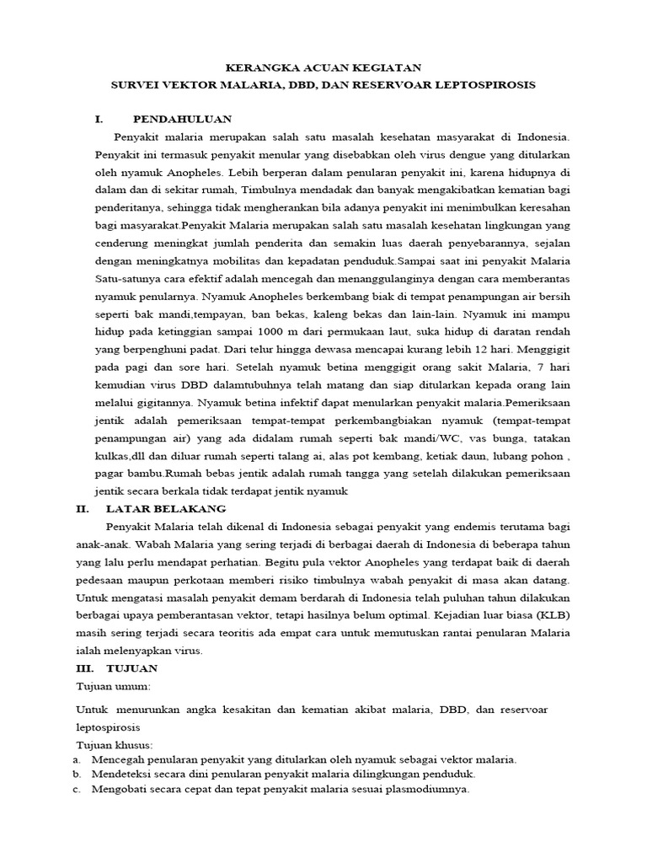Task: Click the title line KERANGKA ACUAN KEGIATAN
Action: pyautogui.click(x=323, y=67)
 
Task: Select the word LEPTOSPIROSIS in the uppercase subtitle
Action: pyautogui.click(x=488, y=85)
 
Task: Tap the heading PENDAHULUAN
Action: pyautogui.click(x=182, y=119)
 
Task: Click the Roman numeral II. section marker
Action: pyautogui.click(x=83, y=509)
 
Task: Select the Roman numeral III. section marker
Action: pyautogui.click(x=84, y=668)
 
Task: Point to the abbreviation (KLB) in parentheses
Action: pyautogui.click(x=549, y=615)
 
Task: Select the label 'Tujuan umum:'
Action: pyautogui.click(x=113, y=687)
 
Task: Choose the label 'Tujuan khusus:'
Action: pyautogui.click(x=115, y=745)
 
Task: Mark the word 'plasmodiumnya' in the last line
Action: pyautogui.click(x=430, y=790)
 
